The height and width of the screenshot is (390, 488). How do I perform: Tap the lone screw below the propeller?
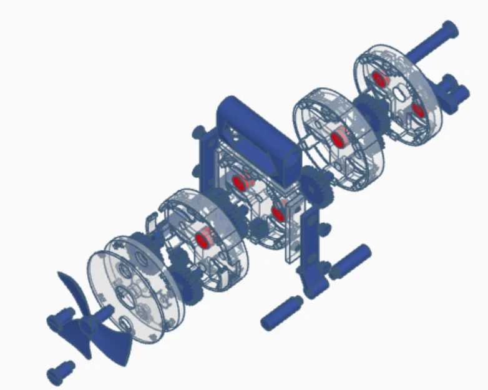point(60,373)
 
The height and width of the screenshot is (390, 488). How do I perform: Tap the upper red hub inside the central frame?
point(239,183)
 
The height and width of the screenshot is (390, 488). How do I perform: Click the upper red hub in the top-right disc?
point(379,78)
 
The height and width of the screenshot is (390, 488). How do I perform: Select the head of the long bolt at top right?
point(449,29)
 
